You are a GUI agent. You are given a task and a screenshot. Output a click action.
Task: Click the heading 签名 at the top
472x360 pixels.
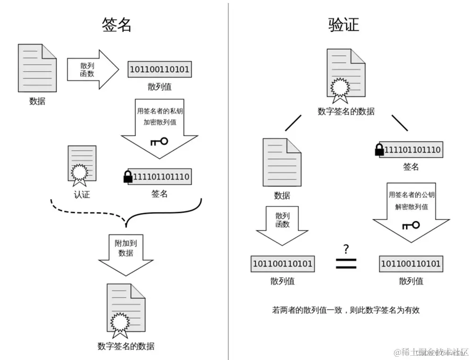[116, 25]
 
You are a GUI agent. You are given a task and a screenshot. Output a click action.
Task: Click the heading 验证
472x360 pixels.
[344, 25]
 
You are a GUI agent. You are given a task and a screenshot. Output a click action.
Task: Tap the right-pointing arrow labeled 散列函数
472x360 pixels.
[93, 70]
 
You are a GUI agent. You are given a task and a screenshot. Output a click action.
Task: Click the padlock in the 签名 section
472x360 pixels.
[127, 177]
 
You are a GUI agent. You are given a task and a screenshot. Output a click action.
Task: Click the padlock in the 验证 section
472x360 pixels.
[379, 150]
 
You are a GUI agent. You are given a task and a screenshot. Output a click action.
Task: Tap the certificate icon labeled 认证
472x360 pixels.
[82, 165]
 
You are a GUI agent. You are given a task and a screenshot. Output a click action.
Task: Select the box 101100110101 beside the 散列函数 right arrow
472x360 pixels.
[160, 70]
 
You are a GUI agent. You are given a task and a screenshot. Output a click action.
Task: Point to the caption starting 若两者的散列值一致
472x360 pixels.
[346, 310]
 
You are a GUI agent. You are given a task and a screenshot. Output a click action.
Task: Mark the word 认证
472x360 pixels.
[82, 194]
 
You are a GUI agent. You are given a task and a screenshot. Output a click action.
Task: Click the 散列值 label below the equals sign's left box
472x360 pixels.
[282, 281]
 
